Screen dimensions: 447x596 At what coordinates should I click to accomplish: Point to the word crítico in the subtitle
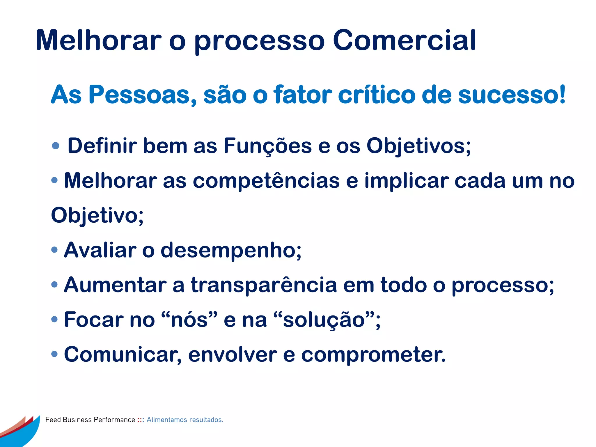pyautogui.click(x=377, y=95)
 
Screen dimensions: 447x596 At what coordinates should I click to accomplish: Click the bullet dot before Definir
pyautogui.click(x=55, y=146)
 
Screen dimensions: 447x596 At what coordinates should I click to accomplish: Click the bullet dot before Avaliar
pyautogui.click(x=54, y=250)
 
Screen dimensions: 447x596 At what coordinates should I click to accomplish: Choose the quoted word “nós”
pyautogui.click(x=189, y=320)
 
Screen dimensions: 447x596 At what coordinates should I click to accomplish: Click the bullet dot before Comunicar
pyautogui.click(x=54, y=354)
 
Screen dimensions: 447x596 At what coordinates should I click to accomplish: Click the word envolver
pyautogui.click(x=233, y=354)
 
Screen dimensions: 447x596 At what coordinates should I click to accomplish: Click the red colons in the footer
pyautogui.click(x=141, y=420)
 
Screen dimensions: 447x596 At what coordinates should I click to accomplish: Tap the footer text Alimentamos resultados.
pyautogui.click(x=185, y=420)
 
